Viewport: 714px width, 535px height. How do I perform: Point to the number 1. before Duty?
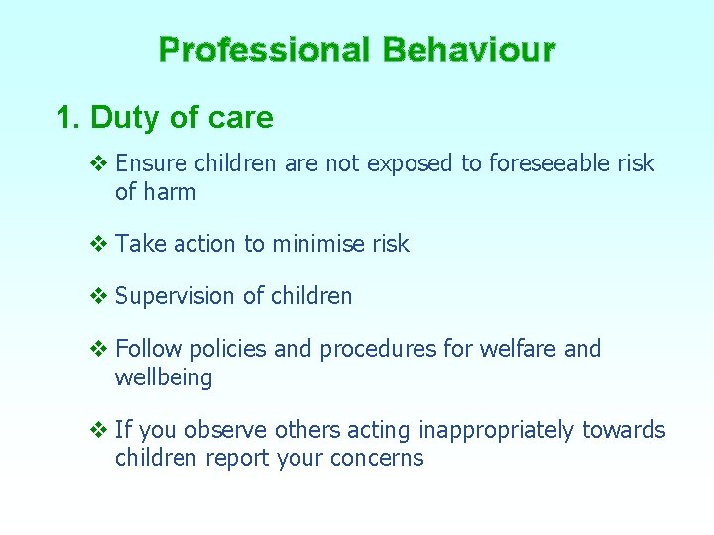click(68, 118)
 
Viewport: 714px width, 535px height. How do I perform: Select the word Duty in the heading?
click(126, 118)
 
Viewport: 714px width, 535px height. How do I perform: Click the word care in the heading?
click(239, 118)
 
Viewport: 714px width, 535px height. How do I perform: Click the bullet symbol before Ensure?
click(97, 163)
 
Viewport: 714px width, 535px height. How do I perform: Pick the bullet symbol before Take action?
click(97, 244)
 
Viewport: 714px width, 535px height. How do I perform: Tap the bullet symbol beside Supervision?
click(97, 296)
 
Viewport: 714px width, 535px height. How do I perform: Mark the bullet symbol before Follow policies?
click(97, 349)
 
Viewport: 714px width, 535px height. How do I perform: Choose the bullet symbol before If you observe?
click(97, 430)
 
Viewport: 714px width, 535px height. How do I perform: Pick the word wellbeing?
click(164, 377)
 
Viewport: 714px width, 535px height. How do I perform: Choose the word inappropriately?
click(496, 430)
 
